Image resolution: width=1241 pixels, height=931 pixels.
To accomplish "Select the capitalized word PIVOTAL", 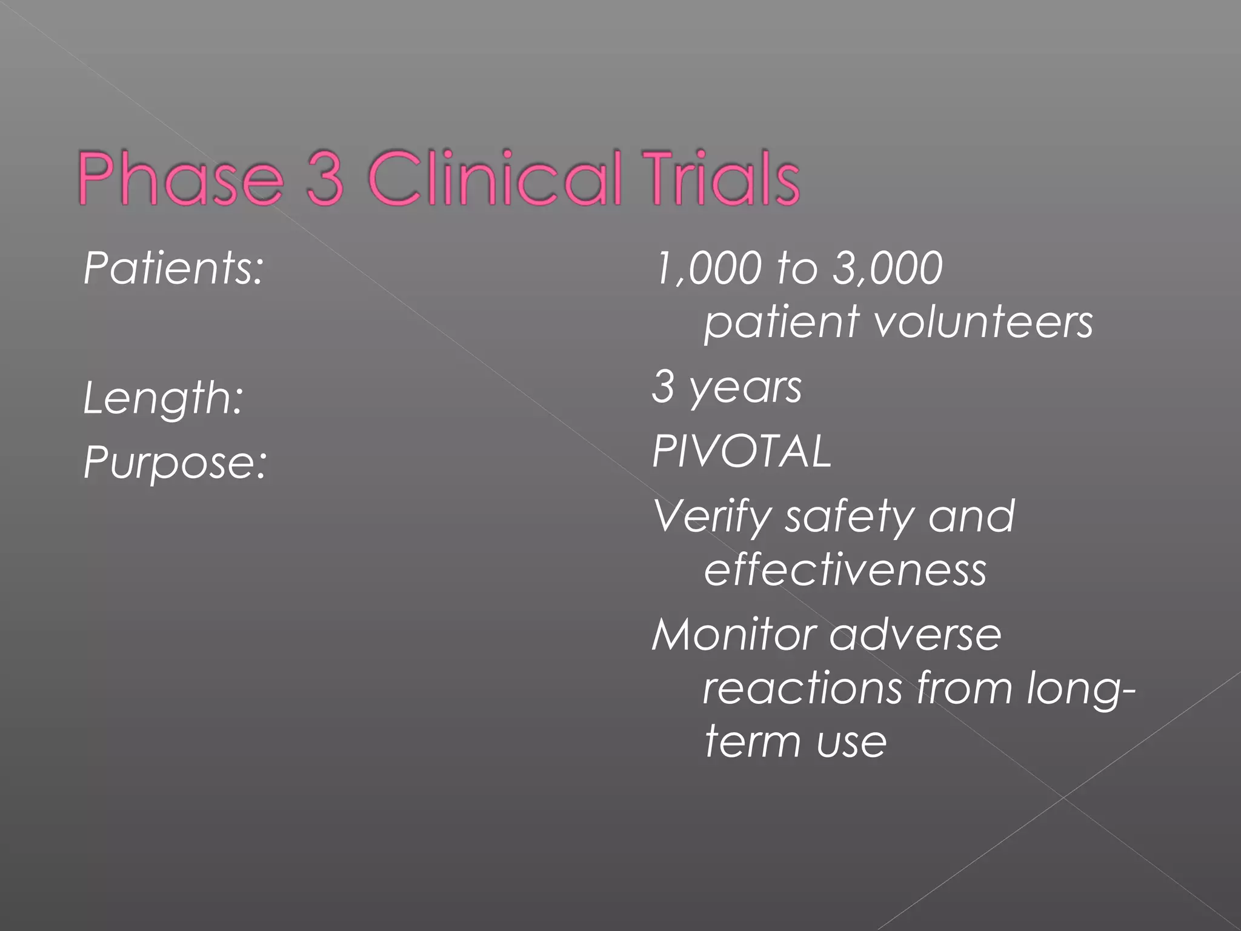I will point(742,452).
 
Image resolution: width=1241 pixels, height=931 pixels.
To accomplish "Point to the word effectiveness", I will point(845,570).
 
